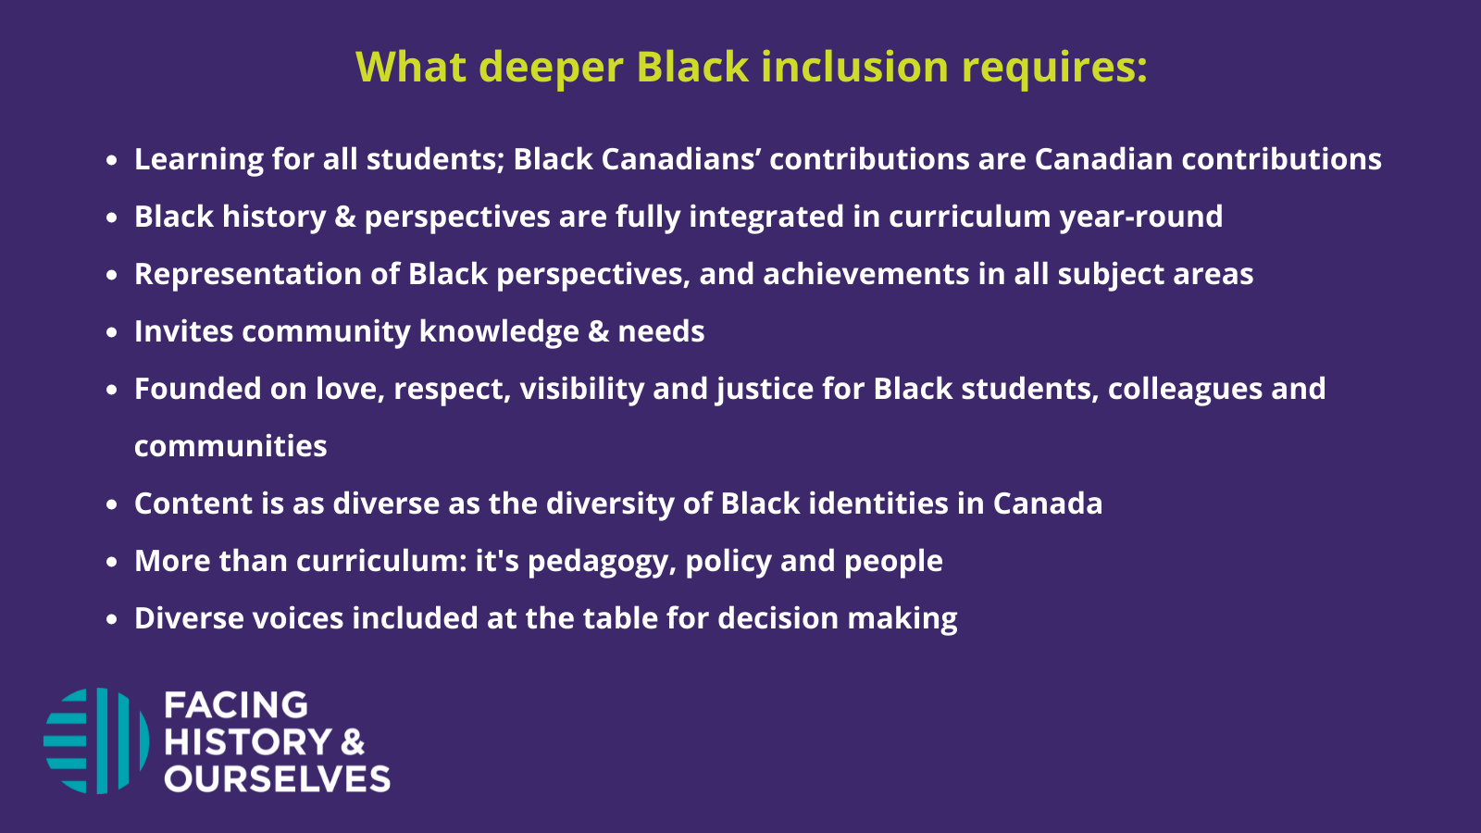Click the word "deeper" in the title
[551, 68]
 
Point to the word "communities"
[230, 446]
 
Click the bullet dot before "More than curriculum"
[112, 562]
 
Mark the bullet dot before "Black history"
[112, 218]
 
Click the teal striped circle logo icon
[96, 740]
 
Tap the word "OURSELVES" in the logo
[278, 779]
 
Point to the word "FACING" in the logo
[236, 705]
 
